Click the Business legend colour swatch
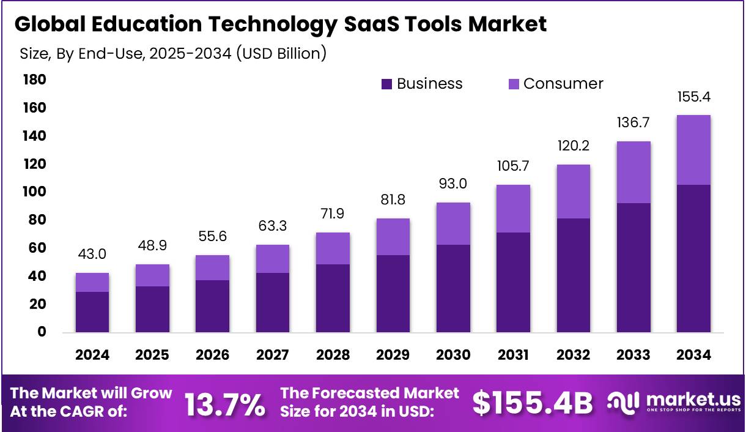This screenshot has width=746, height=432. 386,84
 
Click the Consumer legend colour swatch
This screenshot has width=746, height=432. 513,84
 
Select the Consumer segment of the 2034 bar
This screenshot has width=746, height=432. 693,150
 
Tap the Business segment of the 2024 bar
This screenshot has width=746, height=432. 92,311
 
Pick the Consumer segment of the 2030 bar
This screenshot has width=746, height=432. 453,224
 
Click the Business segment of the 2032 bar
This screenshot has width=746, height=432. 574,275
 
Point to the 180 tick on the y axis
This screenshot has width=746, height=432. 35,80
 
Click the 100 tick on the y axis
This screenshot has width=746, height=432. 35,192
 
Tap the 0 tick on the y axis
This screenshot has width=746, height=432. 42,332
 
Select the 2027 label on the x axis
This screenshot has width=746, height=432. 273,355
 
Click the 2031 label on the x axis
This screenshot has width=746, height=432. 513,355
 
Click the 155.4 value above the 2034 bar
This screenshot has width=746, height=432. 693,97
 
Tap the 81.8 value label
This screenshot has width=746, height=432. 393,200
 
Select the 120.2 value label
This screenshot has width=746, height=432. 574,146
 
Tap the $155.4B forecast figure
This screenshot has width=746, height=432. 533,403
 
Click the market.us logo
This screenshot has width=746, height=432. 674,403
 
